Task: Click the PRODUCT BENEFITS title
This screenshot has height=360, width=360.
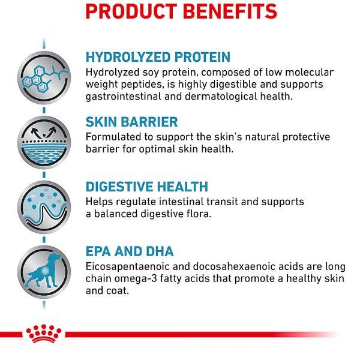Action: click(181, 11)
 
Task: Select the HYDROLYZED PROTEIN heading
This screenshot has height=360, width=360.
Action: click(158, 57)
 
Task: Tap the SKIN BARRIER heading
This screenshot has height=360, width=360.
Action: click(132, 122)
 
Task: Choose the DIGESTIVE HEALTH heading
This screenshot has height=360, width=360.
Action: click(147, 187)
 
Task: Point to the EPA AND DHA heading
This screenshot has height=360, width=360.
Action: click(130, 251)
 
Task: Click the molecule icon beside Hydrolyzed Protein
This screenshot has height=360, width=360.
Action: click(44, 77)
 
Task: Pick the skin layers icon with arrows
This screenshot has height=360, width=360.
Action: click(44, 142)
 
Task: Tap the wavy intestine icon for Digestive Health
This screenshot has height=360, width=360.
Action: click(44, 207)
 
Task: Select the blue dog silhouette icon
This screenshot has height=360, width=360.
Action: click(44, 272)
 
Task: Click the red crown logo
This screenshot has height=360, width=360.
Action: click(44, 334)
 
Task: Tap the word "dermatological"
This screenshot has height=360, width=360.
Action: click(221, 97)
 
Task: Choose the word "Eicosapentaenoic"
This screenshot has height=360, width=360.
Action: click(127, 267)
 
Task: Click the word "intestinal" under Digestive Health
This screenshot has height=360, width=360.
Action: click(181, 202)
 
